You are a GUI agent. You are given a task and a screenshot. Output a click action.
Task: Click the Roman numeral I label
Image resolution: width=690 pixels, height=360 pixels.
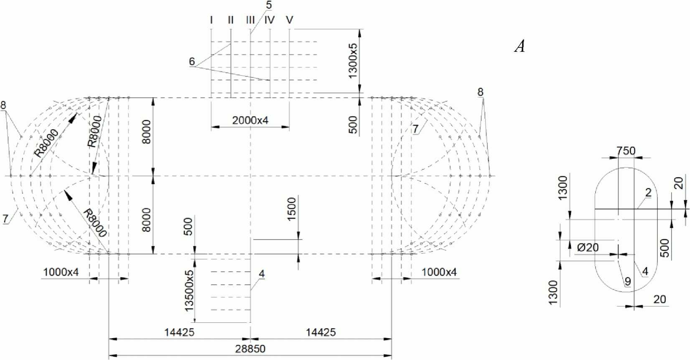point(211,20)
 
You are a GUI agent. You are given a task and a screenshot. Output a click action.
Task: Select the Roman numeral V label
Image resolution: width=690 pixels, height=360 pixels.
point(289,20)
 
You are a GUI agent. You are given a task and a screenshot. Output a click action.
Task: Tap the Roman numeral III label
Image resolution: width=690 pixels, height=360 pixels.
point(250,20)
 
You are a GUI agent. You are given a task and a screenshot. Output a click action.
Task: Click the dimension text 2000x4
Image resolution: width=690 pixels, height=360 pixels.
point(250,120)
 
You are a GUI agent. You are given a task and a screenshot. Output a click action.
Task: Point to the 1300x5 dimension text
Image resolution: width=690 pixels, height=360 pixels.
point(353,61)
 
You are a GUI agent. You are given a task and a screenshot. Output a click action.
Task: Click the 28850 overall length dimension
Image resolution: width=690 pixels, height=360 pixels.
point(250,349)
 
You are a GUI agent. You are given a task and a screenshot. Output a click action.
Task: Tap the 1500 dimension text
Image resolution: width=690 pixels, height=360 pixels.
point(291,209)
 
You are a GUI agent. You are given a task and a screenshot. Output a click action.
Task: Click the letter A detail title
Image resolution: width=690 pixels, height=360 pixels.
point(519,46)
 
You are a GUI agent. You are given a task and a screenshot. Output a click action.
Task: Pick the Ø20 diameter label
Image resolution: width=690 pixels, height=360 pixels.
point(588,248)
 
